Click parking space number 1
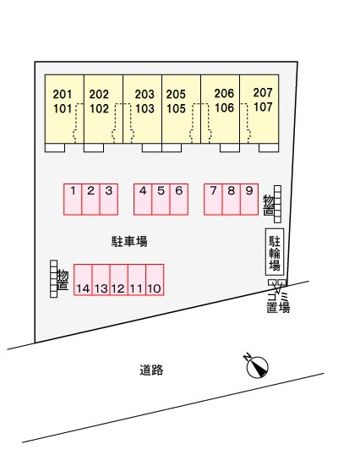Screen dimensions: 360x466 tap(73, 199)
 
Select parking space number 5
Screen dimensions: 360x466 tap(161, 199)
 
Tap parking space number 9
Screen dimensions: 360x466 tap(249, 199)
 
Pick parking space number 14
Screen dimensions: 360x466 tap(83, 280)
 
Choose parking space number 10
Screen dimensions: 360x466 tap(155, 280)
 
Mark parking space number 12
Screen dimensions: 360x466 tap(119, 280)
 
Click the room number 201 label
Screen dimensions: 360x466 tap(63, 95)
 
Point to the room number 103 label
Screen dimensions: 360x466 tap(145, 109)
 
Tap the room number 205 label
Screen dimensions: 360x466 tap(176, 95)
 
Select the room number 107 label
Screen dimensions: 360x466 tap(263, 107)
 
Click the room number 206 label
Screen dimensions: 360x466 tap(224, 93)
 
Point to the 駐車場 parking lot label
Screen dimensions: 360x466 tap(129, 241)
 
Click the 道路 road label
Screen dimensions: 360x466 tap(151, 370)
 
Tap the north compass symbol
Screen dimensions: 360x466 tap(257, 367)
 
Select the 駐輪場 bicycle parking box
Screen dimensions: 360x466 tap(275, 252)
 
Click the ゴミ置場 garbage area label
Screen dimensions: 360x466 tap(278, 303)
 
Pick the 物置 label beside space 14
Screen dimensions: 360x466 tap(63, 280)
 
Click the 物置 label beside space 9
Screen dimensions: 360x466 tap(269, 205)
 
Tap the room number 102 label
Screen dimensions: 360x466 tap(99, 109)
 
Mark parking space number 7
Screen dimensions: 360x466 tap(213, 199)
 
